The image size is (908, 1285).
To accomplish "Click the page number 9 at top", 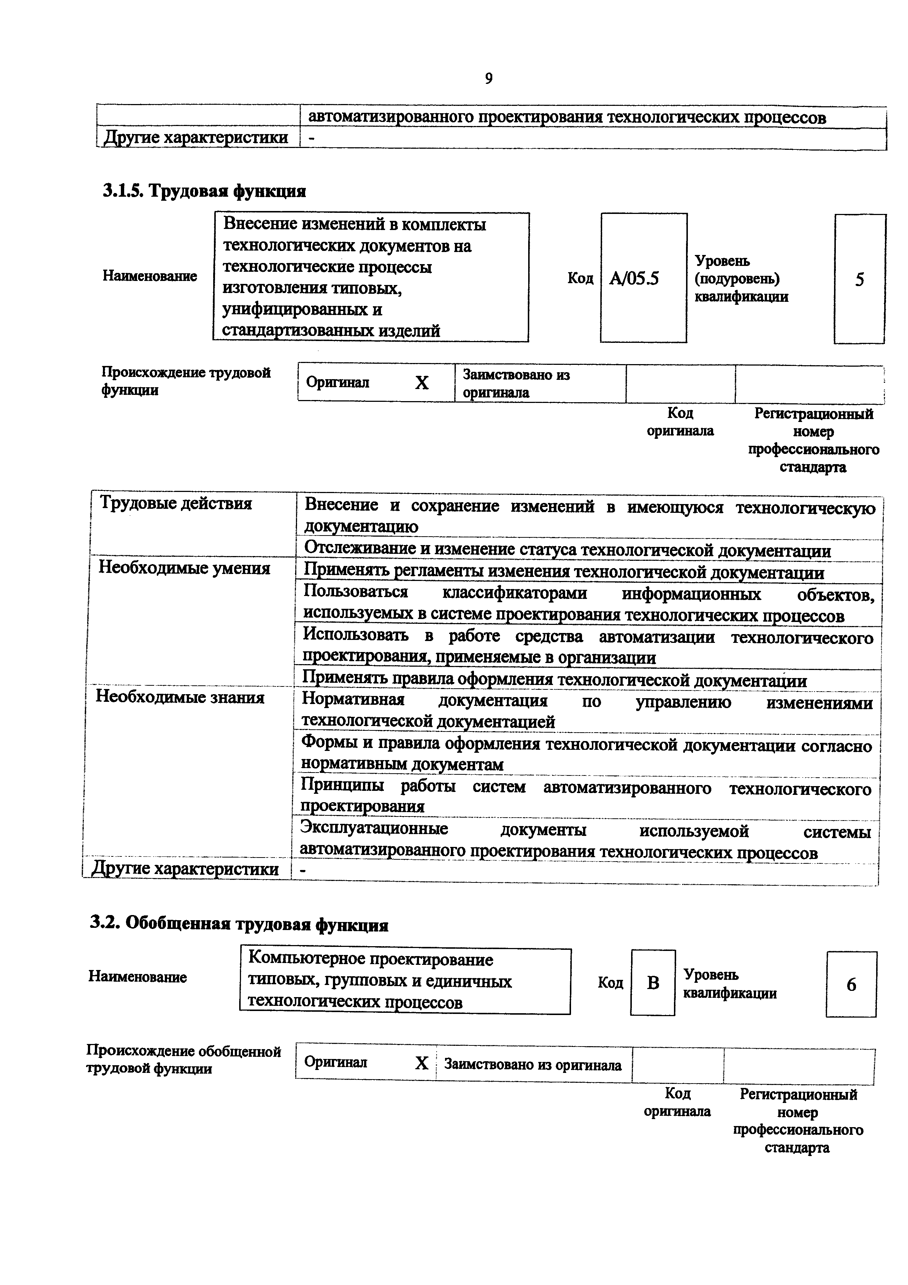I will tap(488, 79).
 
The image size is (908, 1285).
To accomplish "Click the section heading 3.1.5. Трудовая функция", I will tap(205, 192).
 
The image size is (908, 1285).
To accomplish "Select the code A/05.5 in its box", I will tap(634, 278).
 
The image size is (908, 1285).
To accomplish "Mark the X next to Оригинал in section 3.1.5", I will tap(422, 383).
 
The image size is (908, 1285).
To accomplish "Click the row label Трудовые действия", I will tap(176, 503).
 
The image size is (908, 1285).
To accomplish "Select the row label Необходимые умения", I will tap(184, 568).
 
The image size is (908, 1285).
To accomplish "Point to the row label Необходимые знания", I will tap(180, 697).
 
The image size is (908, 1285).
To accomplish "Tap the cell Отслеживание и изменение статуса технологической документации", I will tap(567, 550).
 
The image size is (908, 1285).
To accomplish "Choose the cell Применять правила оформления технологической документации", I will tap(555, 681).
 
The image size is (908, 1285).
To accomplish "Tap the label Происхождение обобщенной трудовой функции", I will tap(184, 1060).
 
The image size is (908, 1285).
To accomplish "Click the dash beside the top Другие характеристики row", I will tap(311, 138).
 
